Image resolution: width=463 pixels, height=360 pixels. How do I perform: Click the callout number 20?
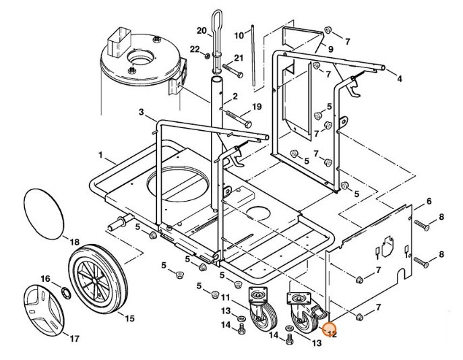tap(201, 30)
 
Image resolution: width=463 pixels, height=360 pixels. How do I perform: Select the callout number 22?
tap(195, 49)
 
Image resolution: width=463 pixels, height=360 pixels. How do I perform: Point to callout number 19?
tap(256, 107)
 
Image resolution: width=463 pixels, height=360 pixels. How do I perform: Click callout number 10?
tap(239, 35)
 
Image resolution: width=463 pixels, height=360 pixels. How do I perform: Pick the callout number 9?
tap(331, 49)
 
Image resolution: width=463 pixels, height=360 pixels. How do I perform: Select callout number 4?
tap(400, 79)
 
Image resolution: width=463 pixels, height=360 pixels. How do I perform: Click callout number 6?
tap(429, 202)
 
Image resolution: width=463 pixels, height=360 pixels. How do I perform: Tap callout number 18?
tap(74, 241)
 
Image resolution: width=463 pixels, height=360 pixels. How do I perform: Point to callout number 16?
tap(45, 278)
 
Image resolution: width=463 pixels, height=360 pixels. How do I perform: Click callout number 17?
tap(75, 338)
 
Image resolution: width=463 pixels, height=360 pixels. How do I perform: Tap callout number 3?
tap(142, 111)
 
